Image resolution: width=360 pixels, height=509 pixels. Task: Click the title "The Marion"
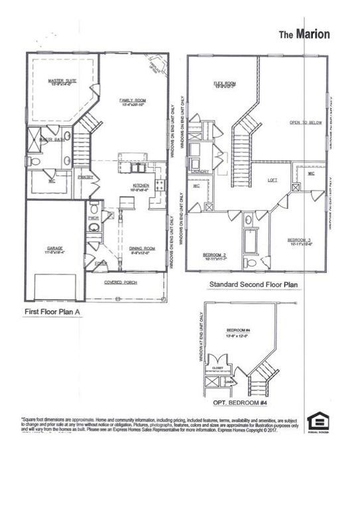point(303,34)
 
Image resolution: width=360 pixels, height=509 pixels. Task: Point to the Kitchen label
point(140,186)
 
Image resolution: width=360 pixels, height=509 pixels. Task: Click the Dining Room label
point(140,250)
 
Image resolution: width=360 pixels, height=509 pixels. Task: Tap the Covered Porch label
point(121,282)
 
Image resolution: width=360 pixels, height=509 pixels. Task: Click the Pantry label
point(85,177)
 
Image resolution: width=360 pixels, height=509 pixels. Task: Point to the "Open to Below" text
point(303,123)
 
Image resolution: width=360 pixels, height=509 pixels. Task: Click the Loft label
point(272,180)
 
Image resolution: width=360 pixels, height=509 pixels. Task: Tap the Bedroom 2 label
point(216,255)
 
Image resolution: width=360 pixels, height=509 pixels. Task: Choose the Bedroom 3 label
point(300,240)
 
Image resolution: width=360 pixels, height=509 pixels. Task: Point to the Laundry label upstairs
point(202,172)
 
